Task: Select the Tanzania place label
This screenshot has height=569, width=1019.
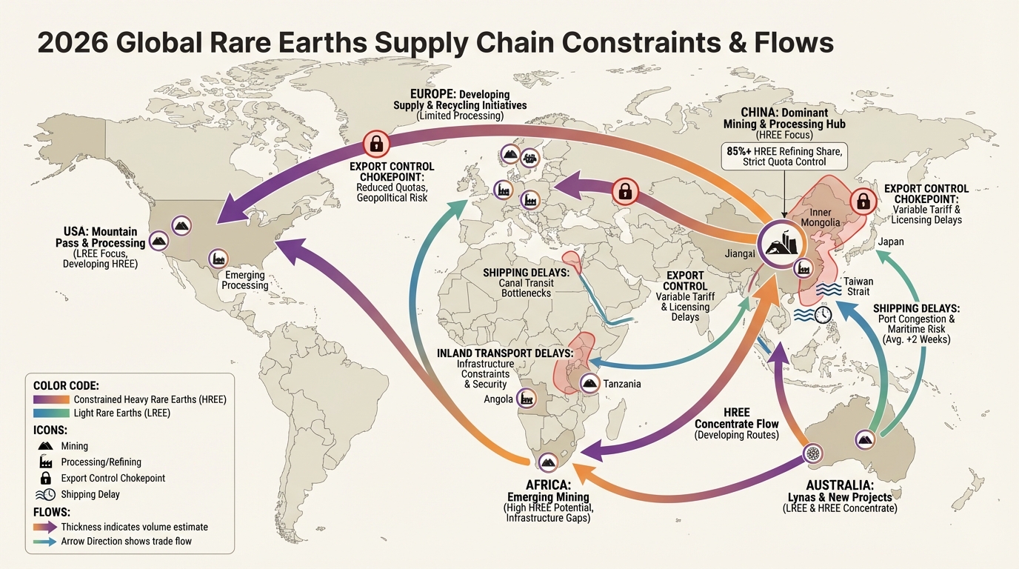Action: point(622,384)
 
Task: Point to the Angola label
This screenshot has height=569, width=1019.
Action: point(498,399)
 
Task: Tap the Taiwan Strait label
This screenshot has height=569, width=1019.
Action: point(858,287)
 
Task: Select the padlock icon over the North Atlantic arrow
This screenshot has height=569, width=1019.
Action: point(375,143)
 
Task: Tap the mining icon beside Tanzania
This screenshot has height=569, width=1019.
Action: point(589,382)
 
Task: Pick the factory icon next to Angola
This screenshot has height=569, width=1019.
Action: point(527,398)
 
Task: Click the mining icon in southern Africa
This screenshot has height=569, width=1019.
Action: point(549,462)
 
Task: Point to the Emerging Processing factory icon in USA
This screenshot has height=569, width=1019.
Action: point(218,258)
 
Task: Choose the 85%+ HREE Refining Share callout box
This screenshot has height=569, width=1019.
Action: point(784,156)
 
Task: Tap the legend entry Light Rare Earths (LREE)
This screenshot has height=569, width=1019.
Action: point(121,413)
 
